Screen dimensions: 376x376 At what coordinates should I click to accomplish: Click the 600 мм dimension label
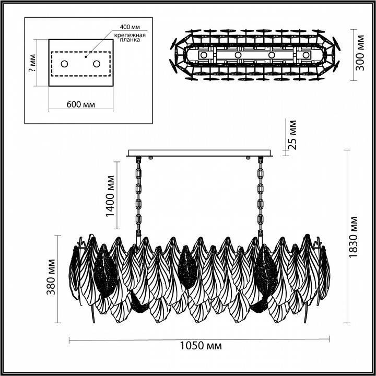[81, 104]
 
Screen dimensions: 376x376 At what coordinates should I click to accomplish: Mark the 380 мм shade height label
[52, 277]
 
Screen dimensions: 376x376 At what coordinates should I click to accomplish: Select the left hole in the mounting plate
[65, 64]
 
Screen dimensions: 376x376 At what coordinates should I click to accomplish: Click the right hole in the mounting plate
[97, 64]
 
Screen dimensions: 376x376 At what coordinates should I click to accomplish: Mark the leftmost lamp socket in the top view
[204, 55]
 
